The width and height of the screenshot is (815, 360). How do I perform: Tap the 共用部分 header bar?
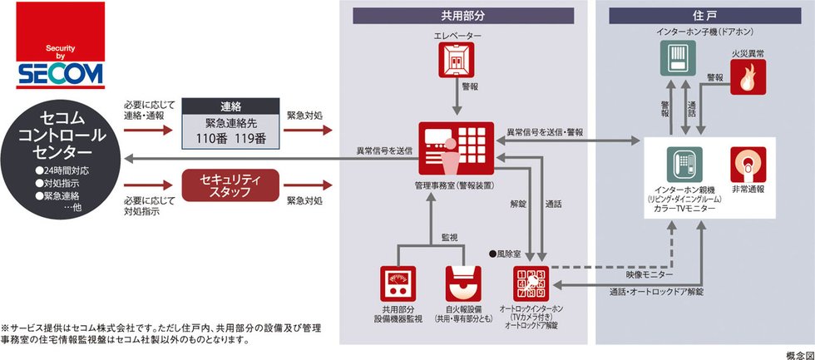[463, 16]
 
